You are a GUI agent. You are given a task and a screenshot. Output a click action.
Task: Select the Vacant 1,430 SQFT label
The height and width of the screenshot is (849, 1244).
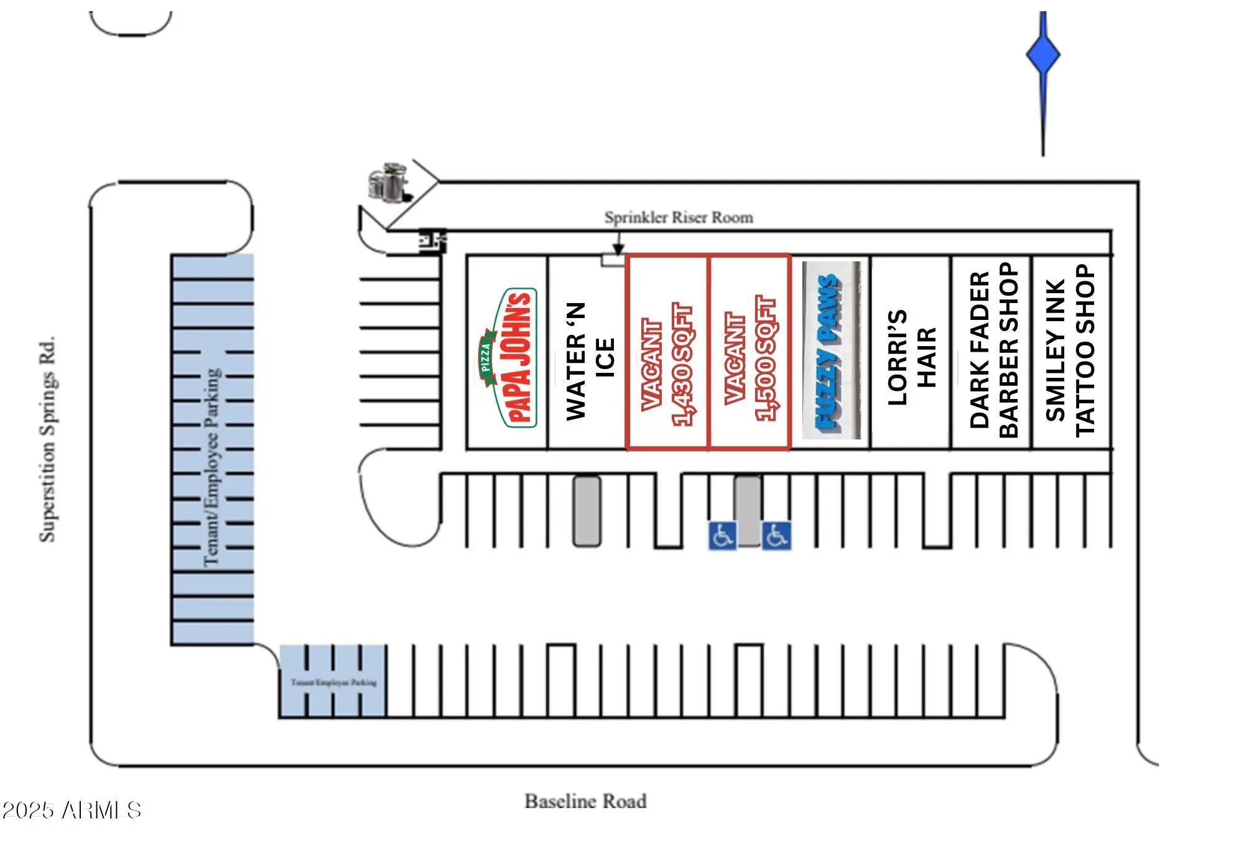coord(667,364)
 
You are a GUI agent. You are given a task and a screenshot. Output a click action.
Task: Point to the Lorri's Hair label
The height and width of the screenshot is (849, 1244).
coord(911,357)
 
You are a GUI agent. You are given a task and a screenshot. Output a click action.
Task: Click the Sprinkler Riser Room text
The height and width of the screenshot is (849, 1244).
coord(679,217)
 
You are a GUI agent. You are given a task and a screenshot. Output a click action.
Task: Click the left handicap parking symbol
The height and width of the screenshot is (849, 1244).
coord(722,536)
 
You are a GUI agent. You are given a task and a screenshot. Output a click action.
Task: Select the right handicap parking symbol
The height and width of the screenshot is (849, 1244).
coord(777,536)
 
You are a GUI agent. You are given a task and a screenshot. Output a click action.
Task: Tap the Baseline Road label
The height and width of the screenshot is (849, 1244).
coord(585,801)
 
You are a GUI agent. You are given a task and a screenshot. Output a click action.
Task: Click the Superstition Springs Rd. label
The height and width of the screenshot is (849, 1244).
coord(48,439)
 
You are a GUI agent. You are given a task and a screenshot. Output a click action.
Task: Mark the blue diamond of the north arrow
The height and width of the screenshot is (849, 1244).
coord(1042,55)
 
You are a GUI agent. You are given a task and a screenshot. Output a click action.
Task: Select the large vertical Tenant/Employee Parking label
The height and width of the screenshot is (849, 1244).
coord(212,467)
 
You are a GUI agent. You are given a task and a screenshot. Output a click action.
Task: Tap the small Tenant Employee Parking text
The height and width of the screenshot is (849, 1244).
coord(333,682)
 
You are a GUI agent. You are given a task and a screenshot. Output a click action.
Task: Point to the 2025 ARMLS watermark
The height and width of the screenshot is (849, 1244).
coord(72,810)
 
